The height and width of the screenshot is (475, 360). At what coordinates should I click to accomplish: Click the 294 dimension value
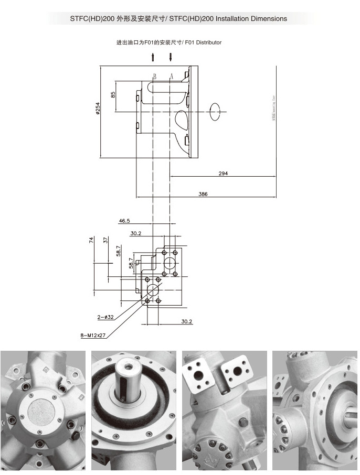(223, 173)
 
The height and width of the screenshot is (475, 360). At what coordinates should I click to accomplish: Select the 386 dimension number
(203, 194)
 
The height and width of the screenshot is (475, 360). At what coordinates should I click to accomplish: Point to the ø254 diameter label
(98, 108)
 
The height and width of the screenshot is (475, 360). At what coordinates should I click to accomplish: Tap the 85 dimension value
(113, 95)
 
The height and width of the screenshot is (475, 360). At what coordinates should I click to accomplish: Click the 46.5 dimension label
(124, 221)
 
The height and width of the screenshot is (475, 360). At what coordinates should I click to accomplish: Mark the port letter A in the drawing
(172, 76)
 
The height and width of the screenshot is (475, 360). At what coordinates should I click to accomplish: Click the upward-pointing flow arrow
(153, 57)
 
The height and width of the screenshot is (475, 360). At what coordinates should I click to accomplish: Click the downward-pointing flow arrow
(171, 57)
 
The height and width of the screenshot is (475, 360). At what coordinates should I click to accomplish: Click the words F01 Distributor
(203, 42)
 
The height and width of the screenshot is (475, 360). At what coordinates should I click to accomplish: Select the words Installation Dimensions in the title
(254, 19)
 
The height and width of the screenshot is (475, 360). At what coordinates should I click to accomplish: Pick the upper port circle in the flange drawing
(170, 263)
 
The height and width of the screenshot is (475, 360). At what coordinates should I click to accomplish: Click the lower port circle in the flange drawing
(153, 290)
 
